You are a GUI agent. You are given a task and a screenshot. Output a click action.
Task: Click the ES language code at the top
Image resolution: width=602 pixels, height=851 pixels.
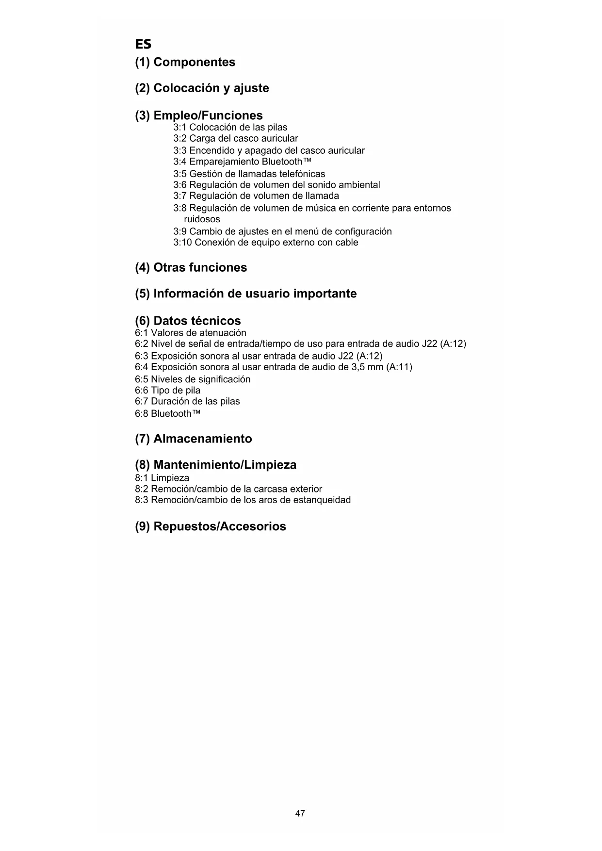coord(143,45)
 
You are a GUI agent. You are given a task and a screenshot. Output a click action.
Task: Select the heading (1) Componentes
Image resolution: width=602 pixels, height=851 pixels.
coord(185,62)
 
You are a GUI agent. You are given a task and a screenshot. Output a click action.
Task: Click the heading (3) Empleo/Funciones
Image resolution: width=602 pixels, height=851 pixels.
coord(199,115)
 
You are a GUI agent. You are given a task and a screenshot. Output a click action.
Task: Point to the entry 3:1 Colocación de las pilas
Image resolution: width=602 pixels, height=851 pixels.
coord(230,128)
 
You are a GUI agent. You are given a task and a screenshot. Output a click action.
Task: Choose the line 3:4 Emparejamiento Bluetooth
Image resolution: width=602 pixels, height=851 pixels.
coord(242,162)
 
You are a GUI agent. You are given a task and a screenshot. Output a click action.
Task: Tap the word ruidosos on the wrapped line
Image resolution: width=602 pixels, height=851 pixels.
coord(202,219)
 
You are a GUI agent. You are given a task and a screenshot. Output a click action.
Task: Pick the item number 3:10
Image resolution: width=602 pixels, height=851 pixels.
coord(182,243)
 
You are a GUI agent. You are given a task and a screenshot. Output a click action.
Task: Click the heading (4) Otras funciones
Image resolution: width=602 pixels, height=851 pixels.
coord(191,268)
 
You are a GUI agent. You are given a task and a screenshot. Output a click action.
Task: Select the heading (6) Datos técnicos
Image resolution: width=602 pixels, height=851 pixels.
coord(188,321)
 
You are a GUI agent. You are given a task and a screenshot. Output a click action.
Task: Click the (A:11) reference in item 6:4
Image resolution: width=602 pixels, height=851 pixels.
coord(399,367)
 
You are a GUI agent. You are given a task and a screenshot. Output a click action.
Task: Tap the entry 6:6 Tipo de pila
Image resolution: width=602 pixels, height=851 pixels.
coord(167,391)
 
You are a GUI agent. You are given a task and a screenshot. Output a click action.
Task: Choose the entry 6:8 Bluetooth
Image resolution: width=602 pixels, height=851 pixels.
coord(167,414)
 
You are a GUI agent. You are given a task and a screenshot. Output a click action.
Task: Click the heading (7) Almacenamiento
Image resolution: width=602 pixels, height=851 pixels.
coord(193,439)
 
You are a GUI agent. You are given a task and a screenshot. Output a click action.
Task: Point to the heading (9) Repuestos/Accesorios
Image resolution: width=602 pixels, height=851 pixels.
coord(210,527)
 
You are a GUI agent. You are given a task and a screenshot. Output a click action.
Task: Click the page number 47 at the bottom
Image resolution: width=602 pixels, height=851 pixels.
coord(300,814)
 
